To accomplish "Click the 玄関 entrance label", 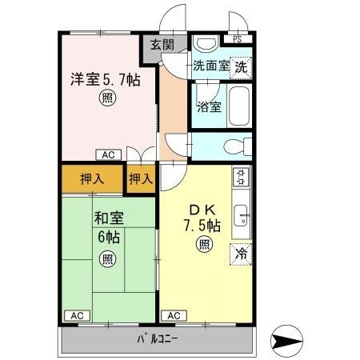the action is pyautogui.click(x=162, y=45).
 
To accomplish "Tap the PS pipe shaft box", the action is pyautogui.click(x=238, y=39).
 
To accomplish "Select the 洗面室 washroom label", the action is pyautogui.click(x=211, y=66).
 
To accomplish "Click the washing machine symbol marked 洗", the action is pyautogui.click(x=241, y=68).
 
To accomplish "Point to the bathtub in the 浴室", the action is pyautogui.click(x=239, y=106).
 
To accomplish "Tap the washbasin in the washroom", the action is pyautogui.click(x=206, y=43).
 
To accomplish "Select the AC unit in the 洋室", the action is pyautogui.click(x=109, y=154).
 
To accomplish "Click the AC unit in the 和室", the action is pyautogui.click(x=78, y=316).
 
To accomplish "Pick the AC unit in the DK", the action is pyautogui.click(x=174, y=316).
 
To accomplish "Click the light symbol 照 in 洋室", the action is pyautogui.click(x=108, y=98).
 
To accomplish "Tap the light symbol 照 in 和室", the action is pyautogui.click(x=108, y=258).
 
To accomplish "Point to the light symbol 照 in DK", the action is pyautogui.click(x=205, y=244).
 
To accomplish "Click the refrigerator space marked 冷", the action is pyautogui.click(x=241, y=254).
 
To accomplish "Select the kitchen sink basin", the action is pyautogui.click(x=241, y=215).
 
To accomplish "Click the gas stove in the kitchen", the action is pyautogui.click(x=241, y=177).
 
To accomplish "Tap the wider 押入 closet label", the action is pyautogui.click(x=92, y=179).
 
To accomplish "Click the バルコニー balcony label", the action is pyautogui.click(x=158, y=339).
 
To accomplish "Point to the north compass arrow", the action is pyautogui.click(x=287, y=341).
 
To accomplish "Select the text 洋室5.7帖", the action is pyautogui.click(x=106, y=79).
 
